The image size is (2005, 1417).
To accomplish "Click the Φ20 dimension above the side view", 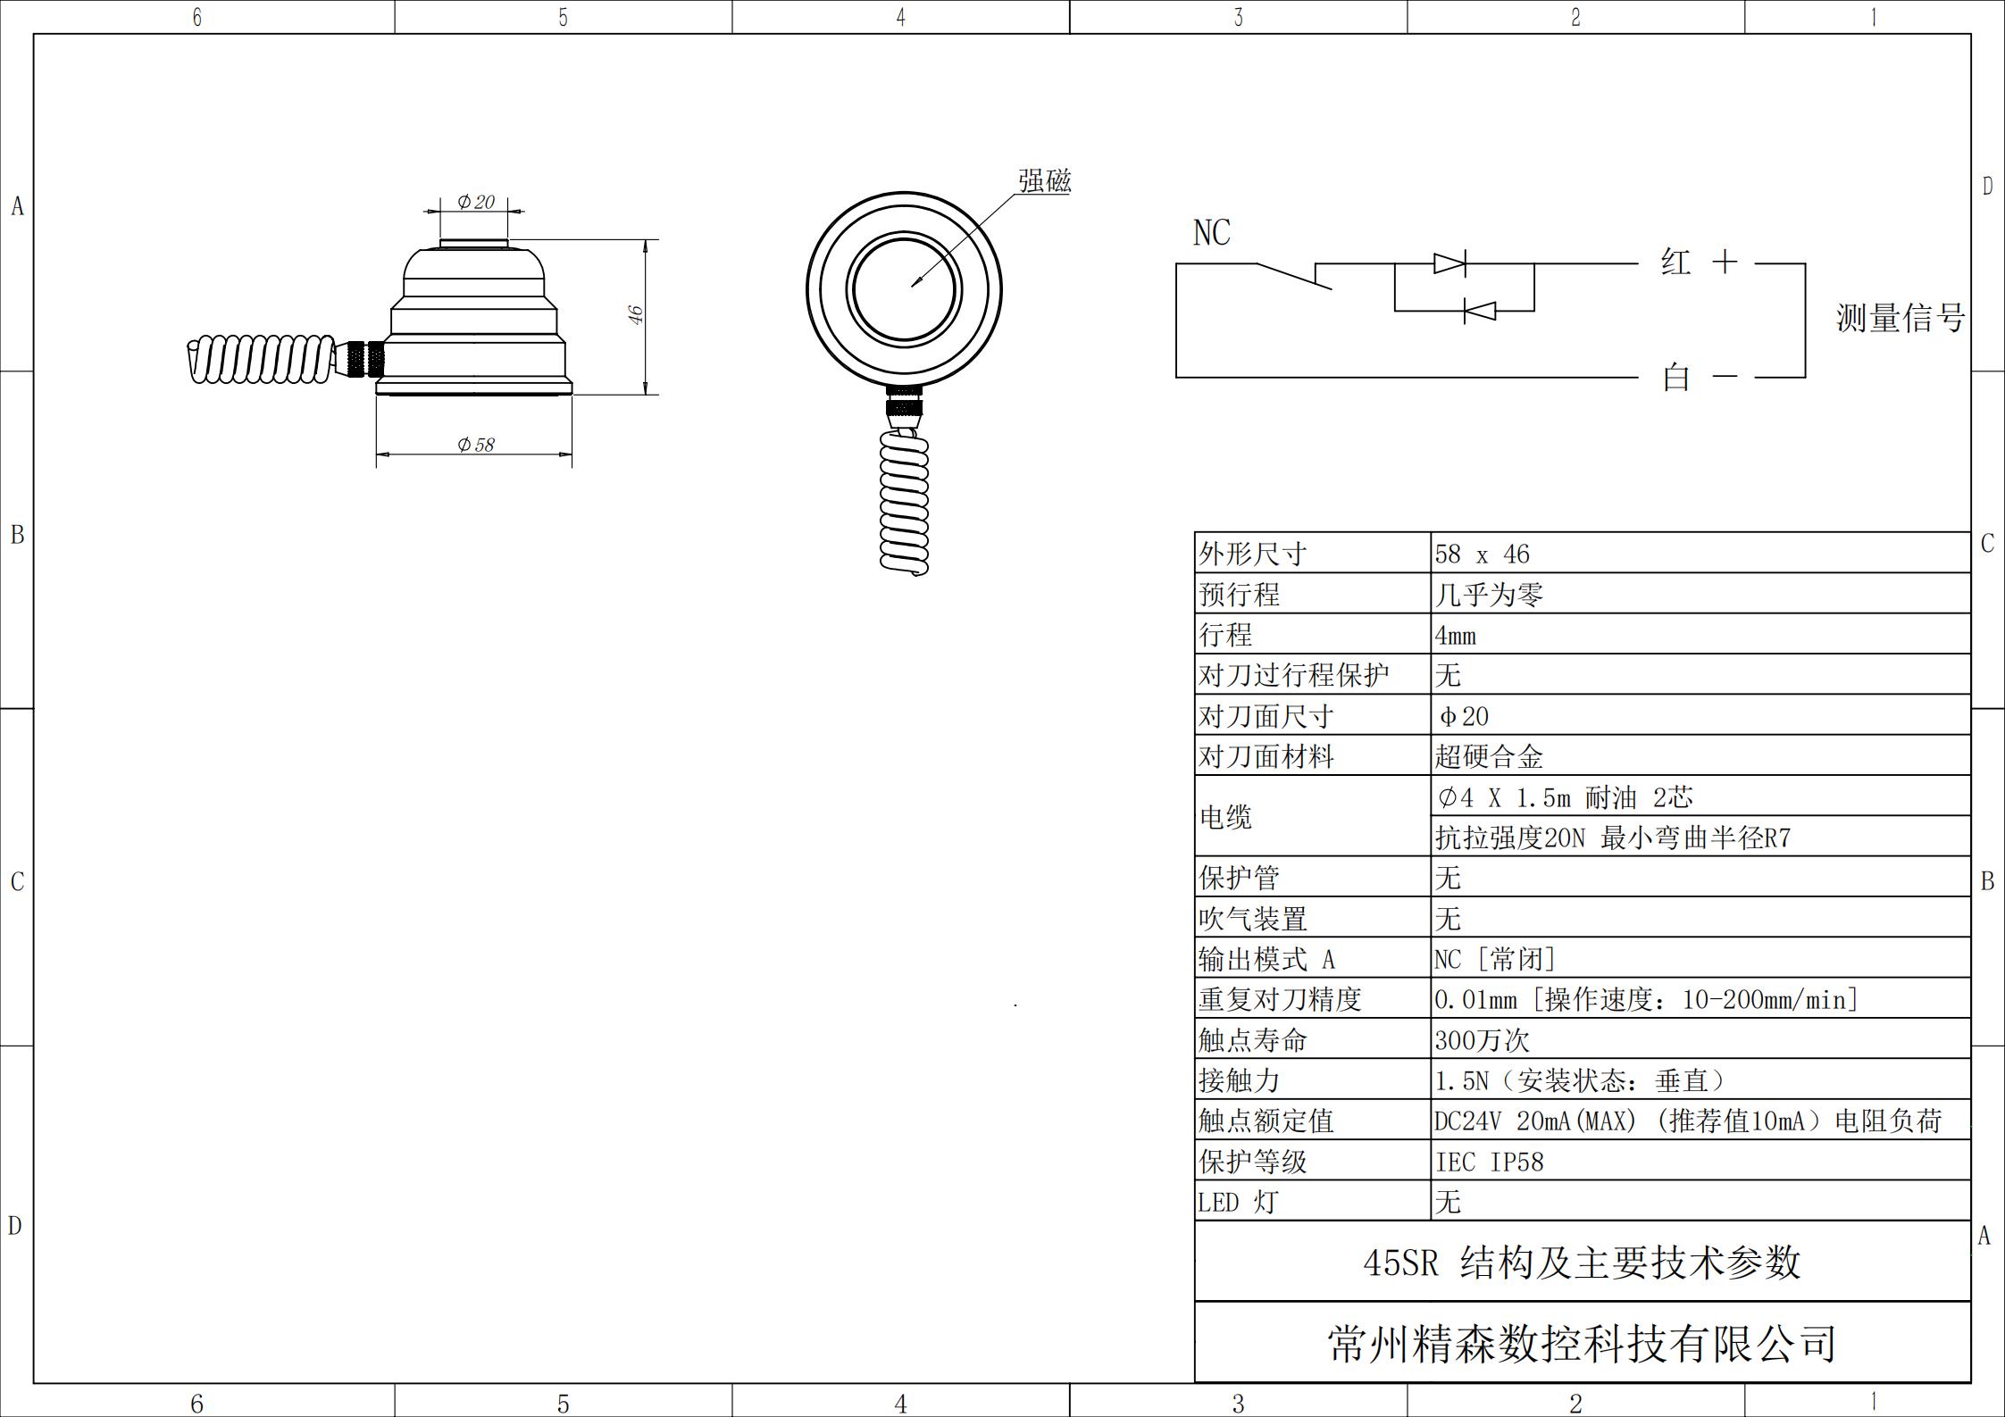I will click(x=475, y=203).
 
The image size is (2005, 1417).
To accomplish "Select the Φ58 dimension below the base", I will click(x=475, y=445).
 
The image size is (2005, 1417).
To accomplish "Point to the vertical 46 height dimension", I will click(x=635, y=315).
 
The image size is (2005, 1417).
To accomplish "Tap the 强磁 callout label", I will click(x=1044, y=181).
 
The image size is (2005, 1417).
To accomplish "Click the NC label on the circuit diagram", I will click(x=1211, y=233).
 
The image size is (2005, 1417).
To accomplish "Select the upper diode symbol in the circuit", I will click(x=1449, y=263).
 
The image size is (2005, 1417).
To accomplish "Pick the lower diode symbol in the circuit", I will click(x=1480, y=311).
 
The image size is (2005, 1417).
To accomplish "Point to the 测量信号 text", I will click(x=1900, y=319).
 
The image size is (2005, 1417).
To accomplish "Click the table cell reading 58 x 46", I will click(x=1482, y=554).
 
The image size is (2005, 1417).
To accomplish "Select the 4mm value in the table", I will click(x=1455, y=636).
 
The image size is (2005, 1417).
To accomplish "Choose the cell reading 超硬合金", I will click(x=1488, y=757).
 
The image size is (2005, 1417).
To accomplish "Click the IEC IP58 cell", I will click(x=1489, y=1162).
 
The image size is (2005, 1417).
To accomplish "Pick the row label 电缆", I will click(x=1225, y=817).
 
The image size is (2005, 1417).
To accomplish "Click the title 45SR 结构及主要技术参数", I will click(x=1581, y=1263).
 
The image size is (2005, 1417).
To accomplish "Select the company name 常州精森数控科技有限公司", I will click(x=1581, y=1344).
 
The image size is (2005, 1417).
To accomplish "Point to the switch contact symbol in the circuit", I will click(x=1294, y=275).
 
